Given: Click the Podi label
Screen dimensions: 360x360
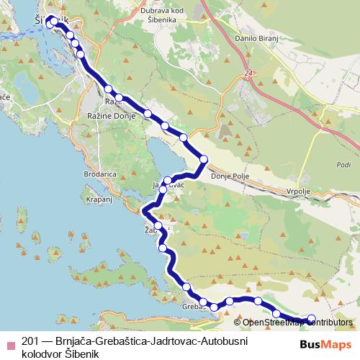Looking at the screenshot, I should click(x=343, y=164).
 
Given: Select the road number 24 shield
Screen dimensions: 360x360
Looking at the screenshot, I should click(x=248, y=73).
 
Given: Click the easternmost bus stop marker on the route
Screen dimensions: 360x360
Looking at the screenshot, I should click(x=312, y=318).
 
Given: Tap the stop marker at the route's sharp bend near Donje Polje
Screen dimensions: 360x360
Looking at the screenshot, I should click(x=204, y=159).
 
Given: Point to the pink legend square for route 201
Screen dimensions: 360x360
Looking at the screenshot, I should click(x=10, y=344).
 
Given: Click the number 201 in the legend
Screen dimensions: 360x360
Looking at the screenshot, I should click(x=30, y=341).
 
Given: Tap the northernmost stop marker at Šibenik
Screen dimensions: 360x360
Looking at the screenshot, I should click(x=53, y=21).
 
